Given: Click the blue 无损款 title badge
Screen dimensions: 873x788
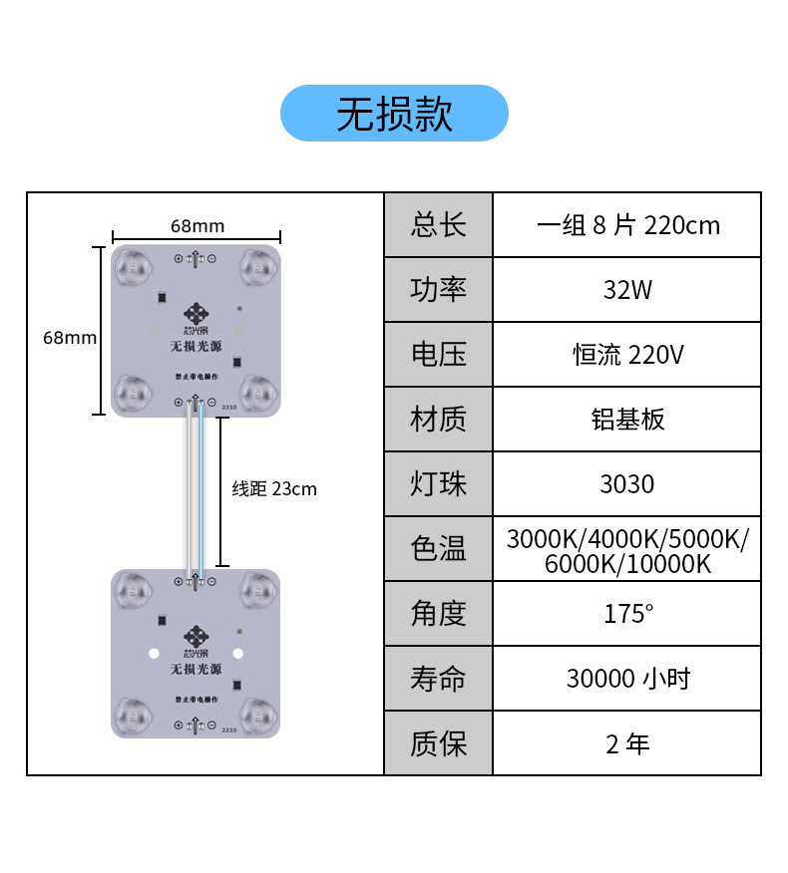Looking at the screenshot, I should coord(394,114).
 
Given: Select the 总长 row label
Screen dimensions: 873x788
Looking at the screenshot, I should coord(438,225).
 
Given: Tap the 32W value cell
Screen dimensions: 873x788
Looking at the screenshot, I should coord(626,290).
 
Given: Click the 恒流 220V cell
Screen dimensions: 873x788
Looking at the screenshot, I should coord(626,355).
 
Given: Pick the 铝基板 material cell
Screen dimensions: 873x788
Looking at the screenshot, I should coord(626,420).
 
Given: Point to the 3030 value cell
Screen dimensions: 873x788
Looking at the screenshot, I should coord(626,484).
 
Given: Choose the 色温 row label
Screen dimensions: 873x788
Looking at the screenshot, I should coord(438,549).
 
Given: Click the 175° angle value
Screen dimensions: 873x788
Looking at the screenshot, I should coord(626,614).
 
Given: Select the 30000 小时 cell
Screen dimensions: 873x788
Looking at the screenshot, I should coord(626,679).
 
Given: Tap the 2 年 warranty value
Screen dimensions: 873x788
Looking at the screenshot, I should coord(626,743).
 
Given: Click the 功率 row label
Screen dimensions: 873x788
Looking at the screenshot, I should coord(438,290).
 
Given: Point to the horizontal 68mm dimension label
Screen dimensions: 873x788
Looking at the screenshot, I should coord(197,226).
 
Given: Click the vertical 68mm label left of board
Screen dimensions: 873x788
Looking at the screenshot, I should coord(70,338).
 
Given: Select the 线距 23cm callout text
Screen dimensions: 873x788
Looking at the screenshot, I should coord(274,489).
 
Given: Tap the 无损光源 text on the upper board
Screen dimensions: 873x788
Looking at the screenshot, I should coord(196,348).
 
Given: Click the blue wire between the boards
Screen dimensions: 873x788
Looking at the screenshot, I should coord(202,493).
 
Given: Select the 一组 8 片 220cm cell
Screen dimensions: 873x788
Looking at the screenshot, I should coord(626,225).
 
